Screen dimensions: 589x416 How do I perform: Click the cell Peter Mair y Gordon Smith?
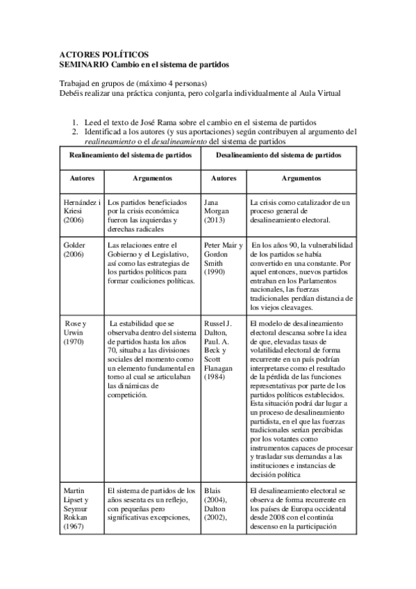[223, 259]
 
